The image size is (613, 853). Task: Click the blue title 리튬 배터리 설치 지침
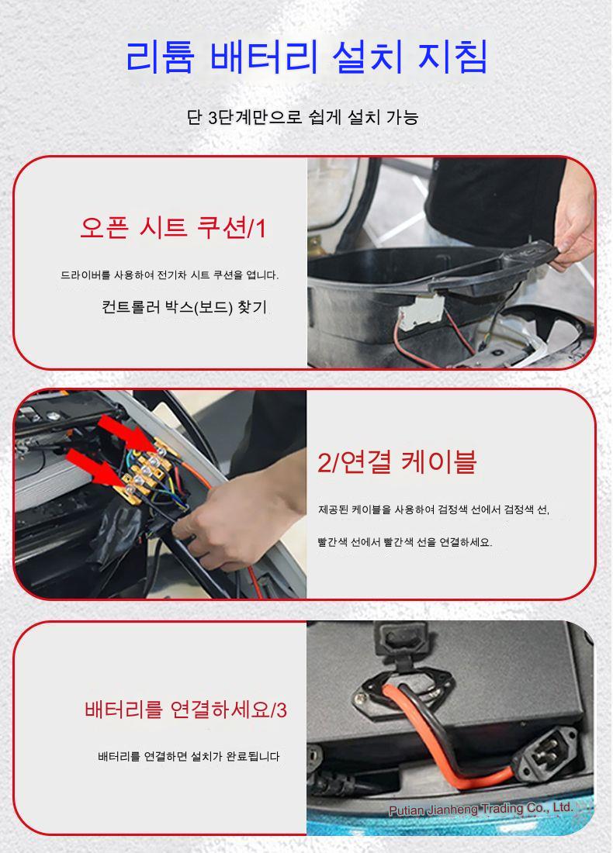tap(306, 57)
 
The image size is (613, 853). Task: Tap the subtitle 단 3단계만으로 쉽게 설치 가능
tap(303, 117)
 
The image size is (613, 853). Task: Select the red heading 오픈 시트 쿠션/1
tap(173, 227)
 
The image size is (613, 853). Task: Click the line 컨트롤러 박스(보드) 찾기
tap(184, 307)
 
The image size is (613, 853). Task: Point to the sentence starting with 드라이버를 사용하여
tap(169, 275)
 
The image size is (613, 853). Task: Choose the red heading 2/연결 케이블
tap(397, 462)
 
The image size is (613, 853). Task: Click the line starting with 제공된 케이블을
tap(434, 509)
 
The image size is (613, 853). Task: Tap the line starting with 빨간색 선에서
tap(405, 542)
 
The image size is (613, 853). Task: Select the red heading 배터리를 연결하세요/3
tap(185, 710)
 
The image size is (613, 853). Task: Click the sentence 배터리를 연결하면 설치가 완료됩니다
tap(189, 756)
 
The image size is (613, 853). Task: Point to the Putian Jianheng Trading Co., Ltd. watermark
tap(481, 809)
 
